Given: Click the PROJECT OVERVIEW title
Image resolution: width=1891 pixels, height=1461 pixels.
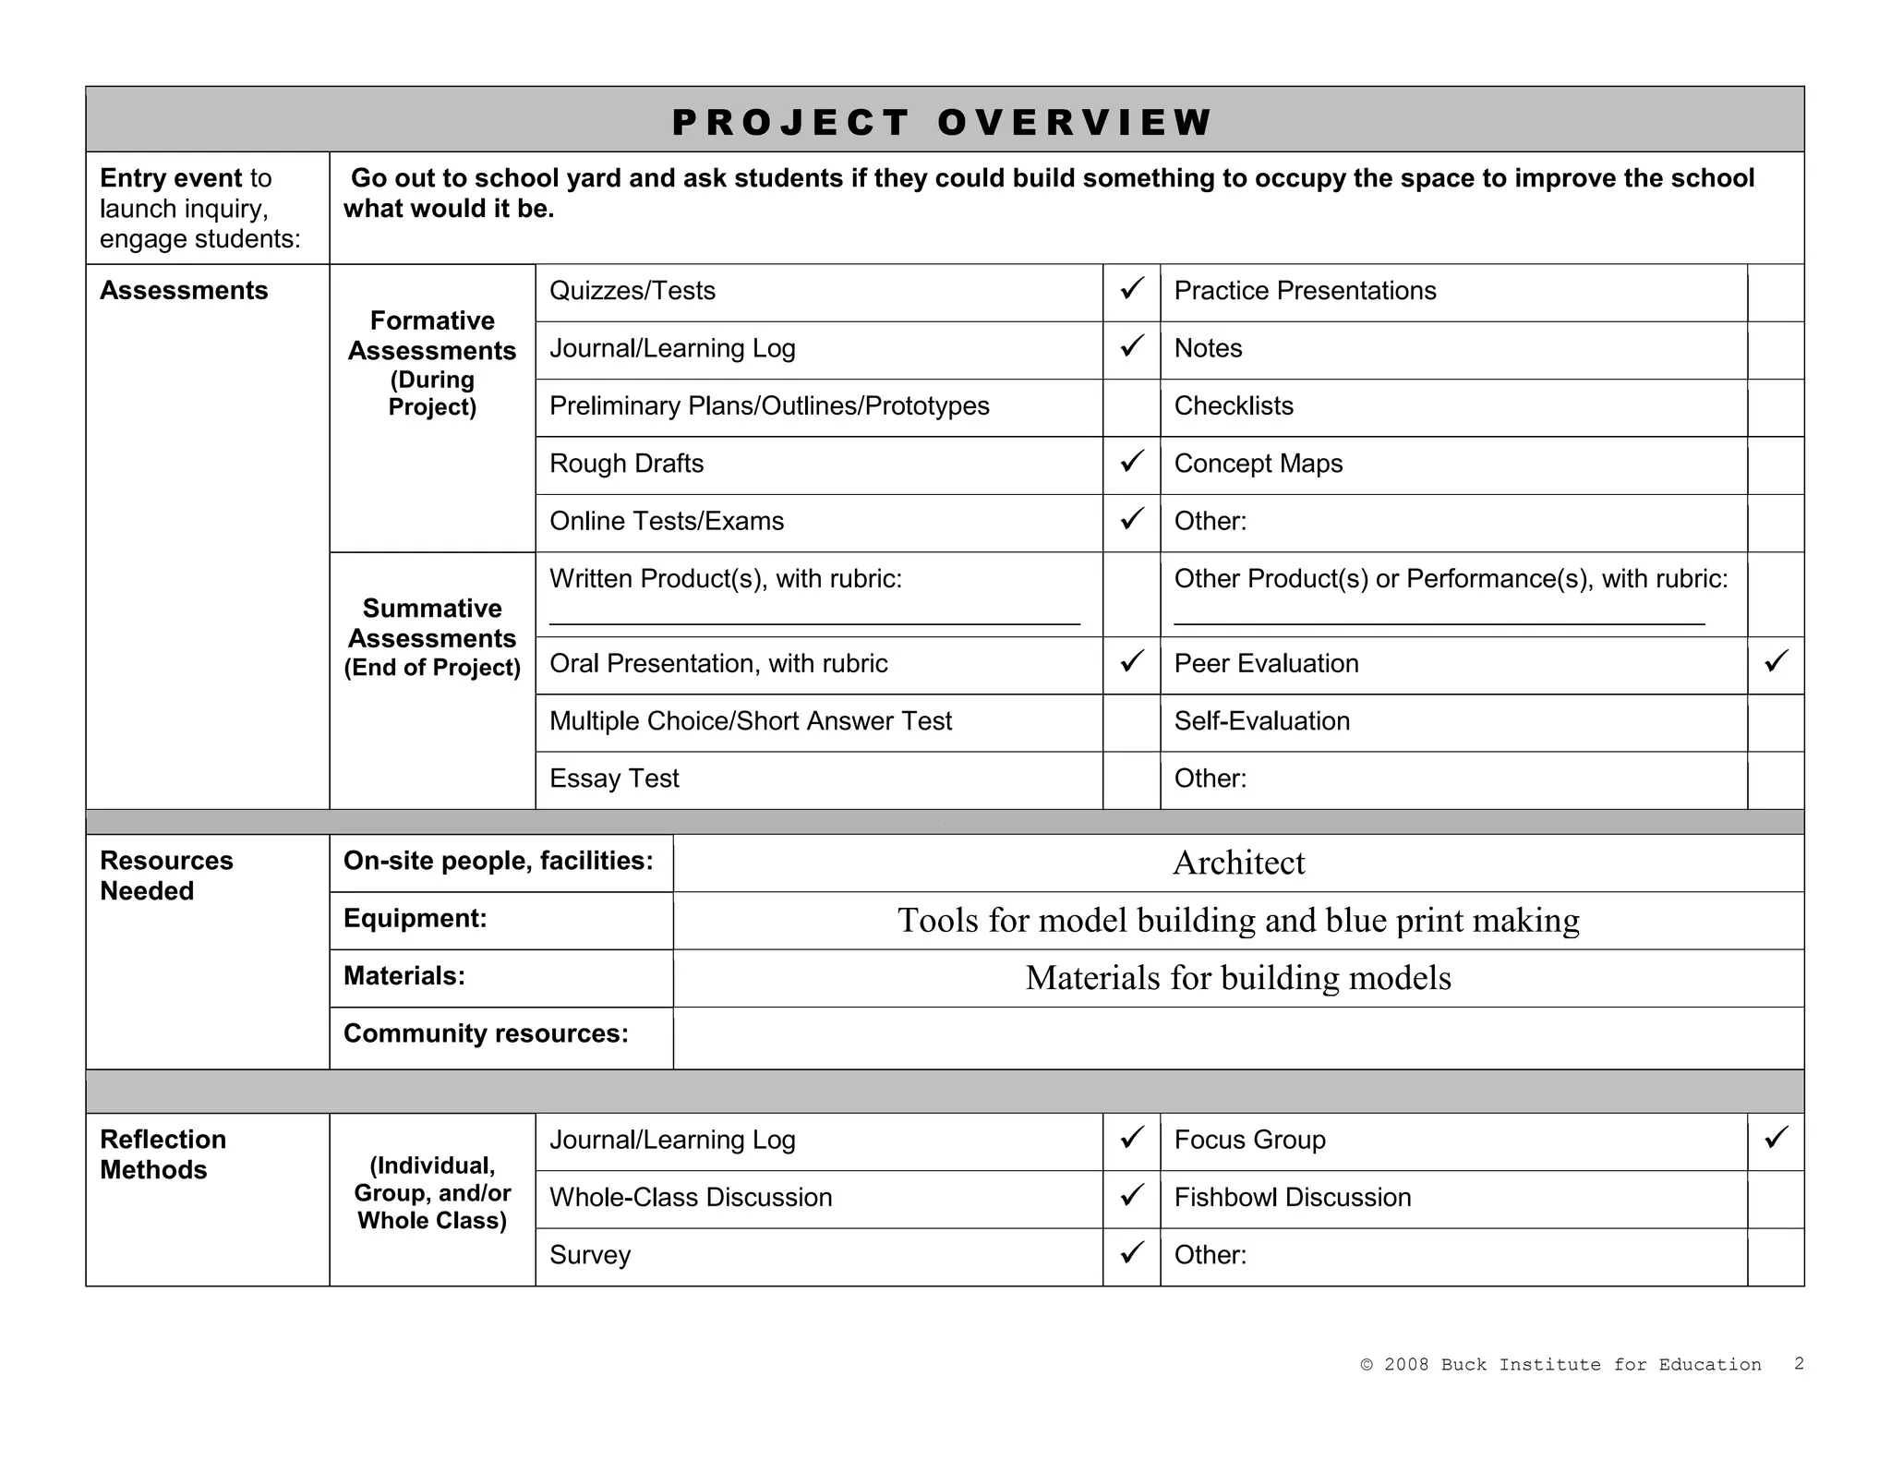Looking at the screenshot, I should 943,122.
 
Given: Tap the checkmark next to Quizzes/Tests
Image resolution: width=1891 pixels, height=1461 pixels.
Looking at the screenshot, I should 1131,289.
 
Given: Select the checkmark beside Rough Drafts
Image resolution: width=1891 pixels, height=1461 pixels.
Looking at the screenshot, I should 1131,462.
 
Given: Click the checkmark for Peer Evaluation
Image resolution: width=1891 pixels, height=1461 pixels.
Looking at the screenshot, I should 1776,661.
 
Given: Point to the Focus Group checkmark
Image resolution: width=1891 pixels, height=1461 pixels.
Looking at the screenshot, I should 1776,1138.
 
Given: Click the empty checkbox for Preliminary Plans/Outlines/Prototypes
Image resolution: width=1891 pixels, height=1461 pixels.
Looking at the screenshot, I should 1131,407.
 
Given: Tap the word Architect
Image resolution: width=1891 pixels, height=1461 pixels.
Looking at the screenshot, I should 1238,863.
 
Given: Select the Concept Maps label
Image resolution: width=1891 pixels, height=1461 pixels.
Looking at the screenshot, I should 1258,464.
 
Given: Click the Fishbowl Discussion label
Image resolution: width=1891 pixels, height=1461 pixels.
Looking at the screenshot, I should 1292,1197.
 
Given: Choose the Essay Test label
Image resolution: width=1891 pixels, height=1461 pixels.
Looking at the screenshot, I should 614,779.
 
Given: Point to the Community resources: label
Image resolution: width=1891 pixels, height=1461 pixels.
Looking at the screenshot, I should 486,1033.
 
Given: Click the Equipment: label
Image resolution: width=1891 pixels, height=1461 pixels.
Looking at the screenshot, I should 415,918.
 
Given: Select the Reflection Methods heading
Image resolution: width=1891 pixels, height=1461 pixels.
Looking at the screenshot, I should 163,1154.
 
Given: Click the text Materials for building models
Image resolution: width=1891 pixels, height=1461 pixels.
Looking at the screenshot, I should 1238,978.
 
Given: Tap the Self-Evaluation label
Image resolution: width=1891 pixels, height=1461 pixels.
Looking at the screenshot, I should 1261,720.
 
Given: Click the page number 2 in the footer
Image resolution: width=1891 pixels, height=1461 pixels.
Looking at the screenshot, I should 1799,1363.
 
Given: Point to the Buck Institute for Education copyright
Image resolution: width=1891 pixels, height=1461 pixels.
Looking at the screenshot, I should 1560,1364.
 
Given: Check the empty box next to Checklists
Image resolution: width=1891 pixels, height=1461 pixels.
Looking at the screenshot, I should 1775,407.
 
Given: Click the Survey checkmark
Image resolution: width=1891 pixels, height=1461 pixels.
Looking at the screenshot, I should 1131,1253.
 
